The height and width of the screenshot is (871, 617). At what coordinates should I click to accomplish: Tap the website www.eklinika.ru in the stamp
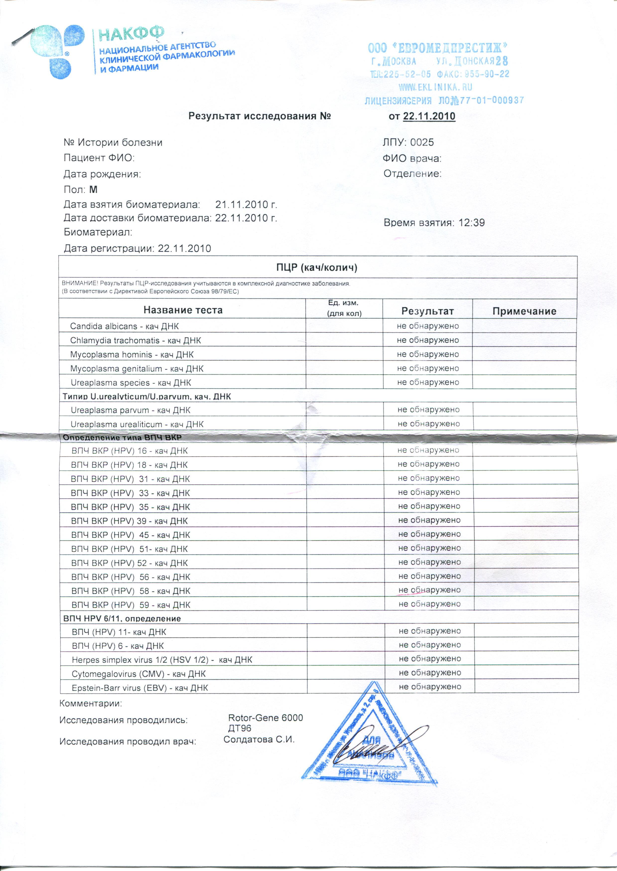[435, 87]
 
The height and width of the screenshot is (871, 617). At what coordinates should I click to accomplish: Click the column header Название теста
[183, 310]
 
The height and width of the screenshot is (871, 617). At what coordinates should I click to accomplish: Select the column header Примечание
[524, 311]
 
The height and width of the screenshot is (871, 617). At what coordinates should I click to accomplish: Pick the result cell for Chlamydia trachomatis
[428, 340]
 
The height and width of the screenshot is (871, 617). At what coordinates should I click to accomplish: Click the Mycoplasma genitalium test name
[137, 369]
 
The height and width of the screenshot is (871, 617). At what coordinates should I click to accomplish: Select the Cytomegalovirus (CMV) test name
[139, 674]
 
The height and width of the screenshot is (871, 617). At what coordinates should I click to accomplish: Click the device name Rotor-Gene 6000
[266, 718]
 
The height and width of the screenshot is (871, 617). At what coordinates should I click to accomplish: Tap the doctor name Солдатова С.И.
[259, 739]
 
